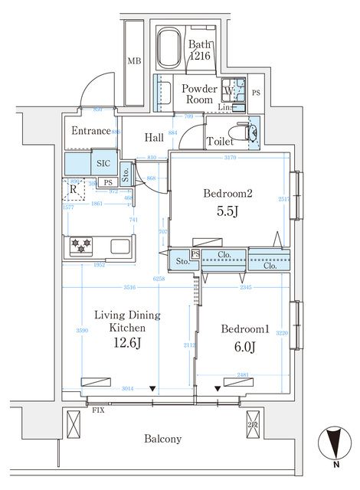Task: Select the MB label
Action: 134,61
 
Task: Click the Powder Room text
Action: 199,94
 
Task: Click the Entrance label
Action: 91,131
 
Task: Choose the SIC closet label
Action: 103,164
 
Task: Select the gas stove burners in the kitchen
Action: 81,246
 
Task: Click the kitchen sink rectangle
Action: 122,247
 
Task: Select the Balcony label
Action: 162,439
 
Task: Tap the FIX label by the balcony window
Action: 98,410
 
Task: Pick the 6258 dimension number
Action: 159,279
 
